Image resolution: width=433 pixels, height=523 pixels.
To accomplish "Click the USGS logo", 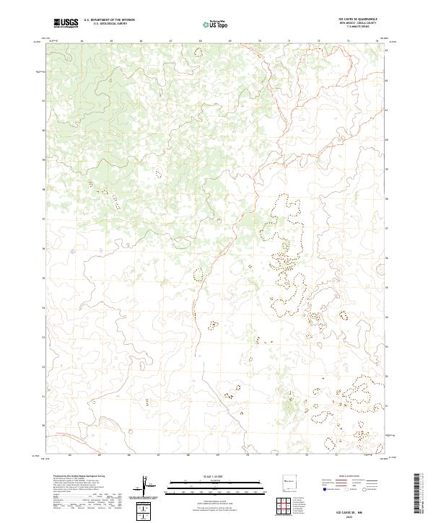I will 66,23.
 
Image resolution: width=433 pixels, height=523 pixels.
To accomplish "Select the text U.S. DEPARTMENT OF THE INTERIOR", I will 109,20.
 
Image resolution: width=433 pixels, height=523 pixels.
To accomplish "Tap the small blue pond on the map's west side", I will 73,252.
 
